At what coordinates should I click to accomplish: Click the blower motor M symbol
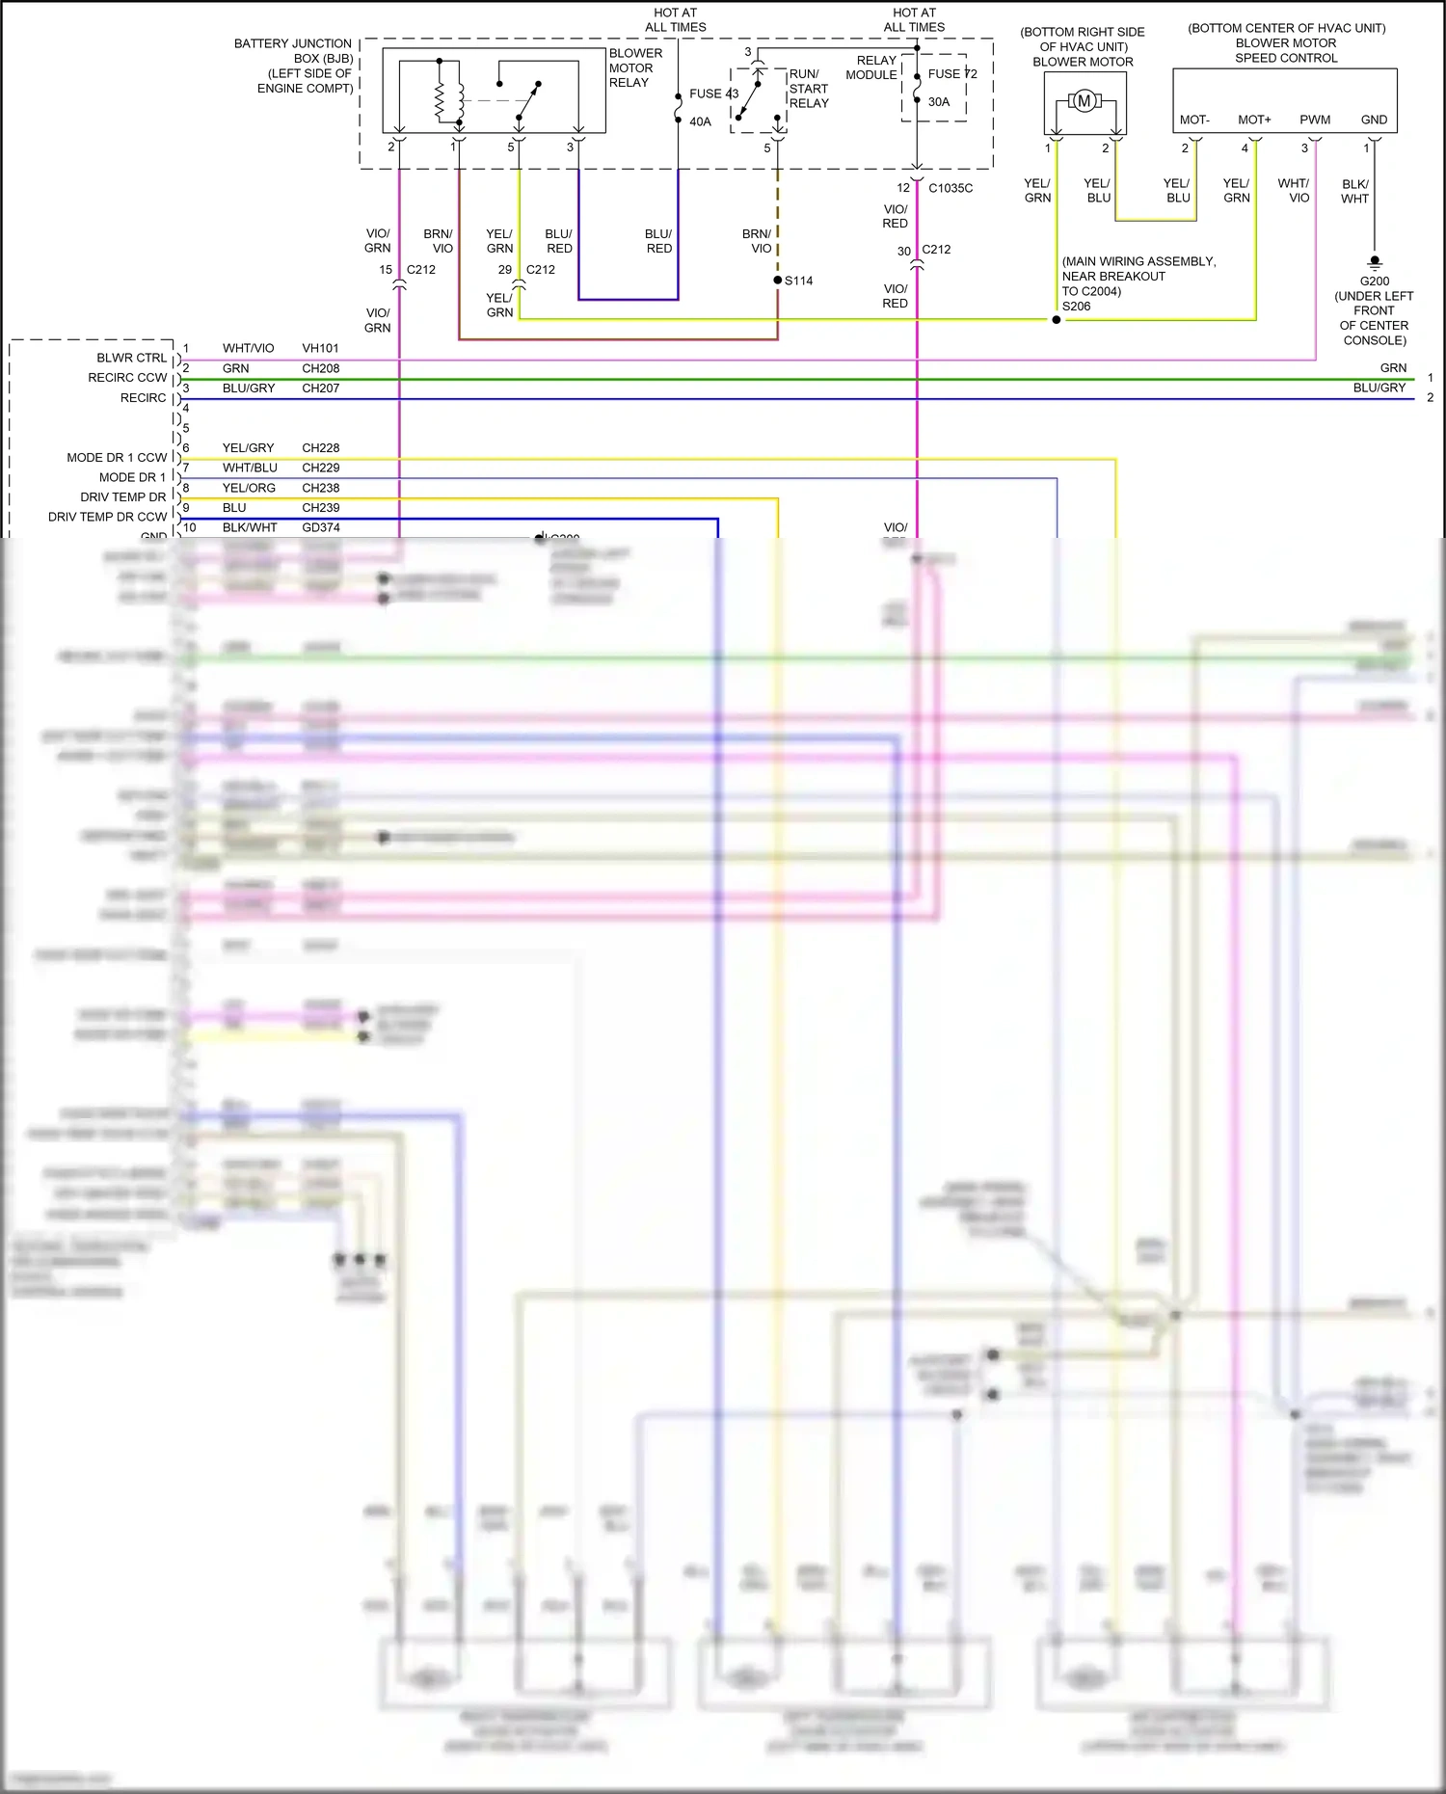tap(1084, 101)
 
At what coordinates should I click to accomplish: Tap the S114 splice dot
tap(778, 281)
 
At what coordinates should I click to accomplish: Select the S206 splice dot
tap(1057, 320)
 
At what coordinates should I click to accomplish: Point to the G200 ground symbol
tap(1375, 262)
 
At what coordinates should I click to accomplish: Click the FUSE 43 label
tap(713, 94)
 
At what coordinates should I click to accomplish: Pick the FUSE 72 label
tap(952, 73)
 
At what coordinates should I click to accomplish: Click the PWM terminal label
tap(1315, 120)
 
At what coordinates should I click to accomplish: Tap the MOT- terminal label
tap(1194, 120)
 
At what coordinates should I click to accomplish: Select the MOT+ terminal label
tap(1254, 120)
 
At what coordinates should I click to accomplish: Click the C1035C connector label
tap(951, 188)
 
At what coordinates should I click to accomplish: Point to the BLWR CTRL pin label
tap(131, 358)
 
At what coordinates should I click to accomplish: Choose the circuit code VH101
tap(320, 348)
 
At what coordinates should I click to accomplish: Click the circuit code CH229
tap(320, 468)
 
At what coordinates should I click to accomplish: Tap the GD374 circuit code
tap(320, 527)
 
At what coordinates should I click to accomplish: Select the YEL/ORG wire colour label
tap(249, 488)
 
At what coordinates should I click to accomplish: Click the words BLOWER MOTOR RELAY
tap(635, 67)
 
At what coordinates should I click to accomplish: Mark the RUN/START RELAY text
tap(808, 89)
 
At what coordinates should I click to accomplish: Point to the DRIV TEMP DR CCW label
tap(107, 517)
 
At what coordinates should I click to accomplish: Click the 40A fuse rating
tap(700, 121)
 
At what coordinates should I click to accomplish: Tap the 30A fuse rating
tap(939, 101)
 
